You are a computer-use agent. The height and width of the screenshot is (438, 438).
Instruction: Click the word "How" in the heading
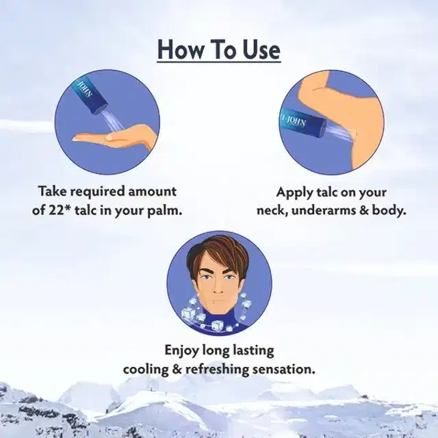[180, 50]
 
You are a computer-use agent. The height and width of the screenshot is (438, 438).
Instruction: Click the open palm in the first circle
[114, 138]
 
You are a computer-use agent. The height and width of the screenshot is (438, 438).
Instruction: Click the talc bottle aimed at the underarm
[303, 124]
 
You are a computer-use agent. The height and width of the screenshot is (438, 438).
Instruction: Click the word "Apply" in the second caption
[293, 193]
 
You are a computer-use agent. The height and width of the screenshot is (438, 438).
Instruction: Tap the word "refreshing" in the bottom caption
[217, 370]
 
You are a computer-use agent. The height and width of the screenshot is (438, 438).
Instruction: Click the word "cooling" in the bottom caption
[146, 370]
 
